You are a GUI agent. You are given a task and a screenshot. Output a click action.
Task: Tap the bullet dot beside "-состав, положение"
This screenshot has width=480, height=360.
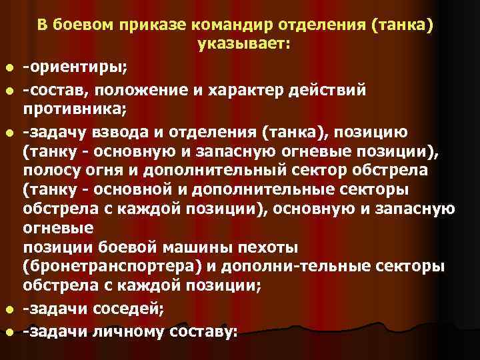(7, 90)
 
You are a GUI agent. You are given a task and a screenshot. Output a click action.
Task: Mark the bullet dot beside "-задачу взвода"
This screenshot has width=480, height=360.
(7, 129)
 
